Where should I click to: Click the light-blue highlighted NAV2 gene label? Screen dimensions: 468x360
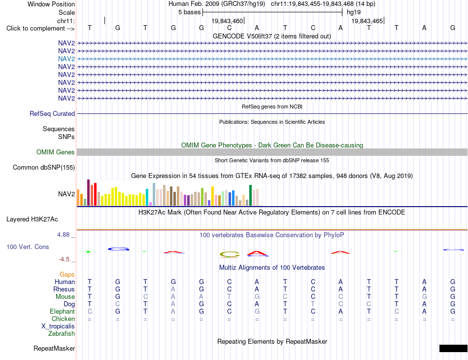tap(67, 59)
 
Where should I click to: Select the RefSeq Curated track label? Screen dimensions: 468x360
tap(52, 113)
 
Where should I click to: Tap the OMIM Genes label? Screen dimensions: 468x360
tap(56, 152)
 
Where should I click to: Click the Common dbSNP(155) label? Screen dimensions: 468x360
tap(44, 167)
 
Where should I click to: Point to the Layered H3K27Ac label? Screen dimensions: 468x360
tap(32, 219)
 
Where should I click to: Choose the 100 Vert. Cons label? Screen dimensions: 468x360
tap(28, 247)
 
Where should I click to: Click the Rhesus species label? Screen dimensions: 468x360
tap(64, 289)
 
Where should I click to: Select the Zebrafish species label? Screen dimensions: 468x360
tap(62, 334)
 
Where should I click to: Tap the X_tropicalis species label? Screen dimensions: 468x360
tap(58, 326)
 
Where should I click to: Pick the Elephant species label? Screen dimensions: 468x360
tap(62, 312)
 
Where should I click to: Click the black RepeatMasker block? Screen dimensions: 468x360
tap(453, 348)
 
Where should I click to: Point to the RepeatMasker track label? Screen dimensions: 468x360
tap(54, 348)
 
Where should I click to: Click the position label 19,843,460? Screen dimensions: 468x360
tap(227, 21)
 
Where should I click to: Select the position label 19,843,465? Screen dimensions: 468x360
tap(367, 21)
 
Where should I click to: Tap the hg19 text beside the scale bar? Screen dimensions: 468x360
tap(354, 12)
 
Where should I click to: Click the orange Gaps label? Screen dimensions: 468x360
tap(67, 274)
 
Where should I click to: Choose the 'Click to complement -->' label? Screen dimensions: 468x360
tap(40, 29)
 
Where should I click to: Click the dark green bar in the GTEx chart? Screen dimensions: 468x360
tap(250, 195)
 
